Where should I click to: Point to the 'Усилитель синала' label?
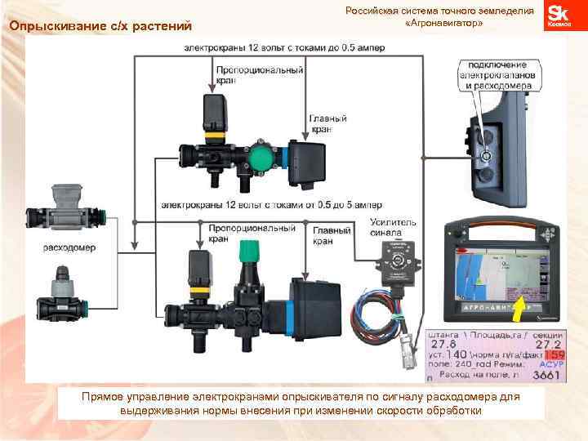click(394, 228)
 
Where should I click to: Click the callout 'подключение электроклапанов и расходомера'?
click(497, 75)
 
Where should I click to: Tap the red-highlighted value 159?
click(555, 356)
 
